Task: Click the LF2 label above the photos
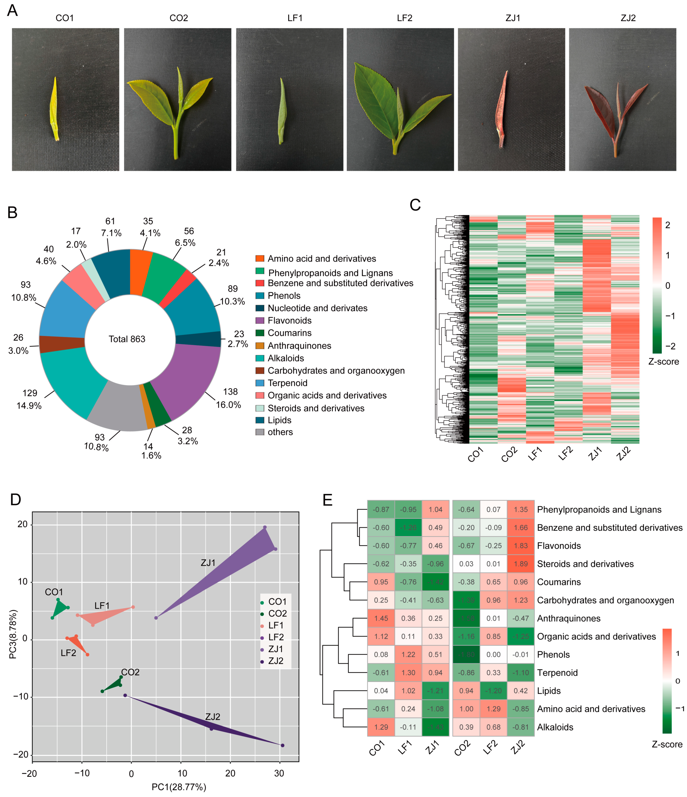tap(405, 18)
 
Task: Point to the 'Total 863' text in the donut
tap(127, 339)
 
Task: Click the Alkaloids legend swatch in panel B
tap(260, 358)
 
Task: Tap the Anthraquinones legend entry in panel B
tap(299, 346)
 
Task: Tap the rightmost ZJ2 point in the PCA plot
tap(282, 745)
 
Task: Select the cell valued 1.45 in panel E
tap(381, 618)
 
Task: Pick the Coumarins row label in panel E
tap(559, 582)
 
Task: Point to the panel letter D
tap(15, 499)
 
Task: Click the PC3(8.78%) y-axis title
tap(13, 634)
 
